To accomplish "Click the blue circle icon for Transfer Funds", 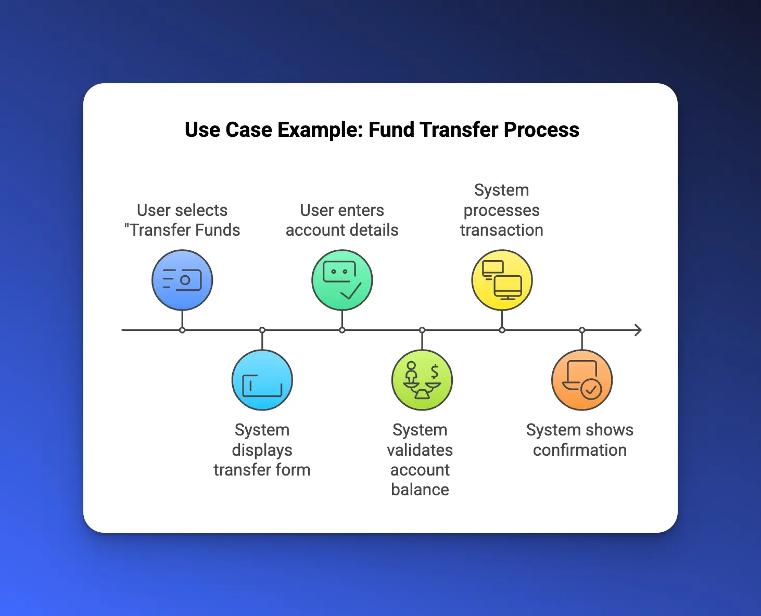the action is [182, 279].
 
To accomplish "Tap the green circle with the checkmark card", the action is [343, 279].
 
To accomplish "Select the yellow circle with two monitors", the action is [502, 279].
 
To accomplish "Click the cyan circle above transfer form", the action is [262, 380].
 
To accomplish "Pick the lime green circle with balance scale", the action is [422, 380].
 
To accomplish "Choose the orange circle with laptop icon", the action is [582, 380].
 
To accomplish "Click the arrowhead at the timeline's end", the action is [638, 330].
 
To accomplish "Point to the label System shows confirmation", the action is [579, 440].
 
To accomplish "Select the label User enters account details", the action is [342, 220].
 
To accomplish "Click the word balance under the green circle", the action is [420, 489].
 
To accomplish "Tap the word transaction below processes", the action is [502, 230].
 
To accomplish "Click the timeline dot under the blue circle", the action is [182, 330].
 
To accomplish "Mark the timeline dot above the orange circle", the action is [582, 330].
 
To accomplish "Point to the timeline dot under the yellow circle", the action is [502, 330].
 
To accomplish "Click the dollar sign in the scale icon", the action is [435, 372].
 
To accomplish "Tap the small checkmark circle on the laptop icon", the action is [591, 389].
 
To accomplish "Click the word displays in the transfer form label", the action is [262, 451].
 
